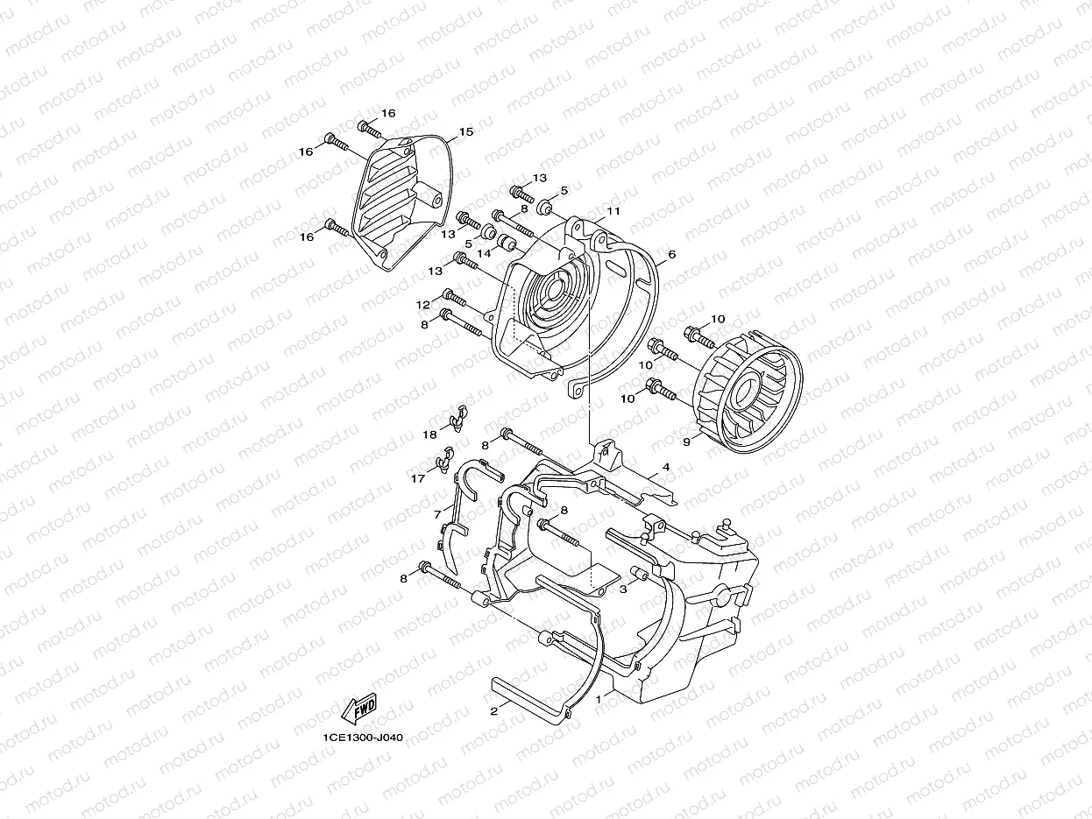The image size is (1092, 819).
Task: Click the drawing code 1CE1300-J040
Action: click(363, 738)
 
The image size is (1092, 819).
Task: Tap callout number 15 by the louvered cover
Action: click(465, 132)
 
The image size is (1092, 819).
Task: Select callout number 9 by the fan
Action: click(686, 442)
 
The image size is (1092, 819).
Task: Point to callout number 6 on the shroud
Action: click(671, 254)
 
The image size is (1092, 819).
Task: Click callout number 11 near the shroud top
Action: click(613, 211)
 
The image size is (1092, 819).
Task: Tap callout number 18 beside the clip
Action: click(430, 434)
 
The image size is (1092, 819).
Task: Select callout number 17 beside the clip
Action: click(418, 479)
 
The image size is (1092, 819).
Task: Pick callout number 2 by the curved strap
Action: click(494, 711)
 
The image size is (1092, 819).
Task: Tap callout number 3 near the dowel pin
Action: click(623, 590)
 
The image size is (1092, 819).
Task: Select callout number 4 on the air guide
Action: click(666, 468)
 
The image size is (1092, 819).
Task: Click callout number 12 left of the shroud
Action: click(422, 305)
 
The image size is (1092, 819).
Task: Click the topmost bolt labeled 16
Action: click(369, 130)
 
